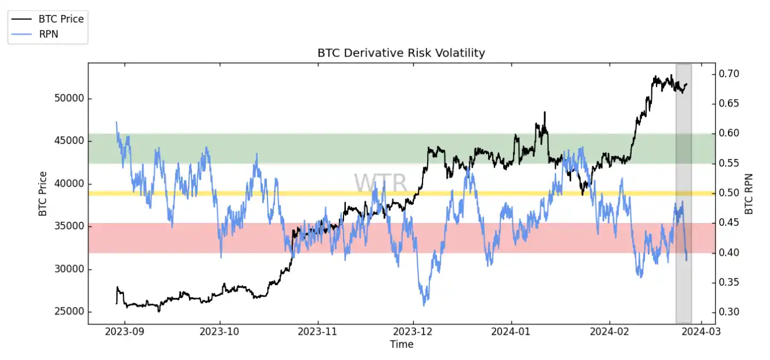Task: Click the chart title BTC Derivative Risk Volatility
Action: pos(401,53)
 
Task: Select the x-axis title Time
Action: pos(401,344)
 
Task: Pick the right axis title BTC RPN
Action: pos(749,194)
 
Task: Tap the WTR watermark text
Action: pos(380,183)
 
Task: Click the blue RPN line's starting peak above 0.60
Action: pos(117,122)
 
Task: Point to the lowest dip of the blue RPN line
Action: pos(425,305)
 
